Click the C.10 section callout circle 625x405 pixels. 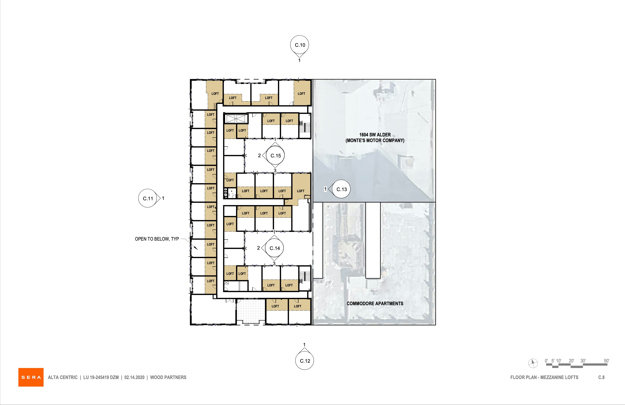tap(299, 45)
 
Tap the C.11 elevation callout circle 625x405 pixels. tap(148, 198)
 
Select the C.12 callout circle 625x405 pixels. tap(305, 361)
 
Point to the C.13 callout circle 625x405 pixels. tap(341, 189)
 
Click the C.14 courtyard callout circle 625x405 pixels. tap(274, 248)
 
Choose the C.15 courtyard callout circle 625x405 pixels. tap(276, 155)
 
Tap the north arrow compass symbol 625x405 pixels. tap(533, 363)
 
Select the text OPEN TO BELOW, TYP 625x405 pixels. tap(157, 239)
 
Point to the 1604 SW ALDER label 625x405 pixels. tap(375, 135)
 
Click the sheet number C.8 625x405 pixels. tap(601, 377)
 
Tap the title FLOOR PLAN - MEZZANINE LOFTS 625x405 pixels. tap(544, 377)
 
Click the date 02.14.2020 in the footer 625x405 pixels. tap(134, 377)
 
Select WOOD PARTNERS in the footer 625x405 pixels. tap(168, 377)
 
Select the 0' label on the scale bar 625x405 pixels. tap(546, 361)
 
